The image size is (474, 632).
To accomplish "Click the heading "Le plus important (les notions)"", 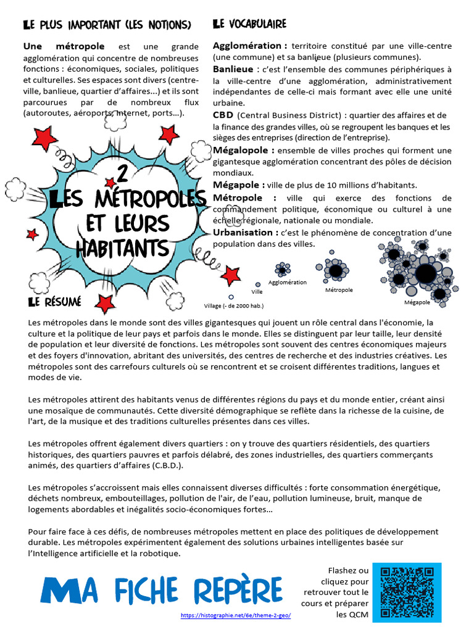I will tap(107, 25).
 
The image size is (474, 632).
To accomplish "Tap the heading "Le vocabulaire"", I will tap(249, 24).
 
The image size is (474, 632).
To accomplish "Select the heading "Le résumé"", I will tap(54, 302).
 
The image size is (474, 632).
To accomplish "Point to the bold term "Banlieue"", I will tap(233, 69).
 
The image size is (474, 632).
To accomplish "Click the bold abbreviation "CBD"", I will tap(223, 115).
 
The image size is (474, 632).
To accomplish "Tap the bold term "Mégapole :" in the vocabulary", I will tap(239, 185).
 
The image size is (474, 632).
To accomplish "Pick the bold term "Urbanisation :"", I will tap(245, 232).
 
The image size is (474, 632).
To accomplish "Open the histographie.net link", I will tap(236, 615).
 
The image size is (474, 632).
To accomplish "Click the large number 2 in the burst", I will tap(122, 175).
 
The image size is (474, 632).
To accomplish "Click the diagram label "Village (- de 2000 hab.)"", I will tap(234, 306).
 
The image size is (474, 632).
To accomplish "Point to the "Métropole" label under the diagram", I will tap(339, 289).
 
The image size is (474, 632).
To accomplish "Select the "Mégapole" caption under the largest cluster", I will tap(417, 302).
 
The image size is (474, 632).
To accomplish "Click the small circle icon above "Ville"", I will tap(257, 285).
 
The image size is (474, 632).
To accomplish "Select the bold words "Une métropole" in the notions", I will tap(64, 46).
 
